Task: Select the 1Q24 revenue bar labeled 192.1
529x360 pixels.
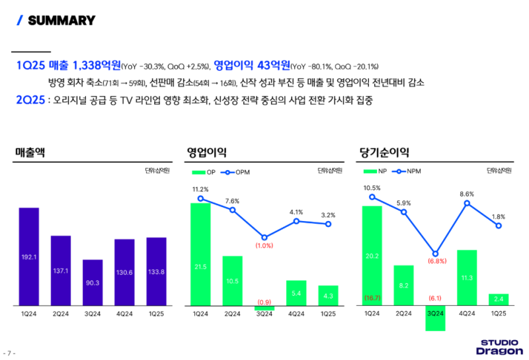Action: click(29, 256)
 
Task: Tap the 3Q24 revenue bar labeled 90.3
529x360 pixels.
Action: click(93, 283)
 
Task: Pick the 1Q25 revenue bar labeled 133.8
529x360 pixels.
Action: click(156, 271)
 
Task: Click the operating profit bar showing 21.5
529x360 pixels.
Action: click(200, 254)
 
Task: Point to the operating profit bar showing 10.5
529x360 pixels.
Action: click(232, 281)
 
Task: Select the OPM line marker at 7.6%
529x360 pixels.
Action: click(232, 210)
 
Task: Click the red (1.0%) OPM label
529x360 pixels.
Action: click(264, 246)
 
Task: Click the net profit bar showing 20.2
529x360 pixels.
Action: click(372, 255)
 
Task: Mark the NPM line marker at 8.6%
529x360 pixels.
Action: click(468, 203)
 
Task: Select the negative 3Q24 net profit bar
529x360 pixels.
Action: click(436, 318)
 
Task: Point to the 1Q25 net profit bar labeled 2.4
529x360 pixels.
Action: click(499, 300)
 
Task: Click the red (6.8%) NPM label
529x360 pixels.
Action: click(436, 261)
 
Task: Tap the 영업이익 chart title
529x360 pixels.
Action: click(207, 152)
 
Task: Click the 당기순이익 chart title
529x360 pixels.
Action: click(384, 152)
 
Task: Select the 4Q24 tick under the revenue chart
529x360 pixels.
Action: click(124, 313)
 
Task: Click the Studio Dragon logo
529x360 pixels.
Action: click(499, 347)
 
